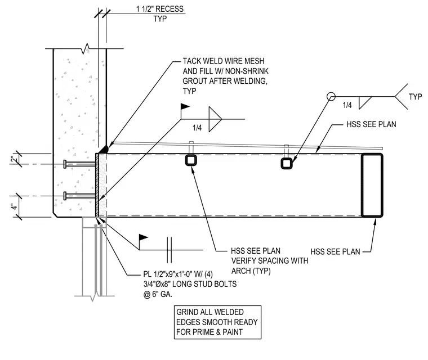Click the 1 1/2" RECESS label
pyautogui.click(x=160, y=9)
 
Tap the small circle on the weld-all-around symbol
pyautogui.click(x=331, y=97)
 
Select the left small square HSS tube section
pyautogui.click(x=191, y=160)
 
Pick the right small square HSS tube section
pyautogui.click(x=287, y=164)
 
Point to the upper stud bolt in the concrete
pyautogui.click(x=79, y=164)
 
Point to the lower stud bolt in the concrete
pyautogui.click(x=79, y=196)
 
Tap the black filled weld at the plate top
pyautogui.click(x=105, y=150)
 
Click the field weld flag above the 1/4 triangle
pyautogui.click(x=185, y=106)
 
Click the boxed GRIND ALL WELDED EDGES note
pyautogui.click(x=217, y=322)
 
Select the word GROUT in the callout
pyautogui.click(x=195, y=81)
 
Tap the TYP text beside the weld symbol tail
pyautogui.click(x=415, y=97)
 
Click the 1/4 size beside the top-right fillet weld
pyautogui.click(x=347, y=105)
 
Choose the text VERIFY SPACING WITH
pyautogui.click(x=270, y=261)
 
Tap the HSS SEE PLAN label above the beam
pyautogui.click(x=371, y=124)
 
